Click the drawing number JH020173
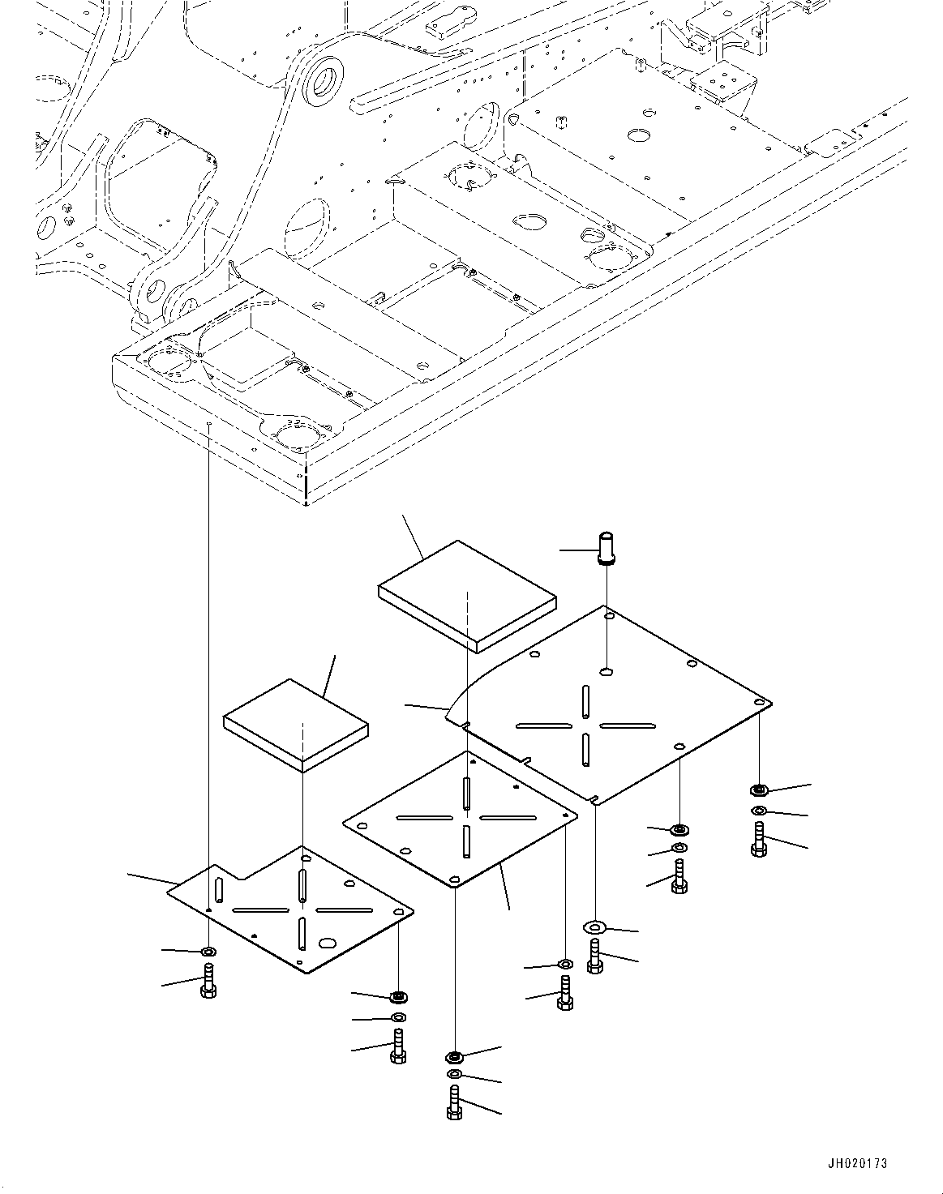point(857,1163)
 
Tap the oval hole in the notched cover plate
point(328,944)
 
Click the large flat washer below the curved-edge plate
point(595,925)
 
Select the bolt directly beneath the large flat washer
point(595,957)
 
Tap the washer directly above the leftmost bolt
point(208,951)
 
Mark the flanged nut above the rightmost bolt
point(759,789)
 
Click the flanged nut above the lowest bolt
point(454,1056)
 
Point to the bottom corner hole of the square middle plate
point(455,879)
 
